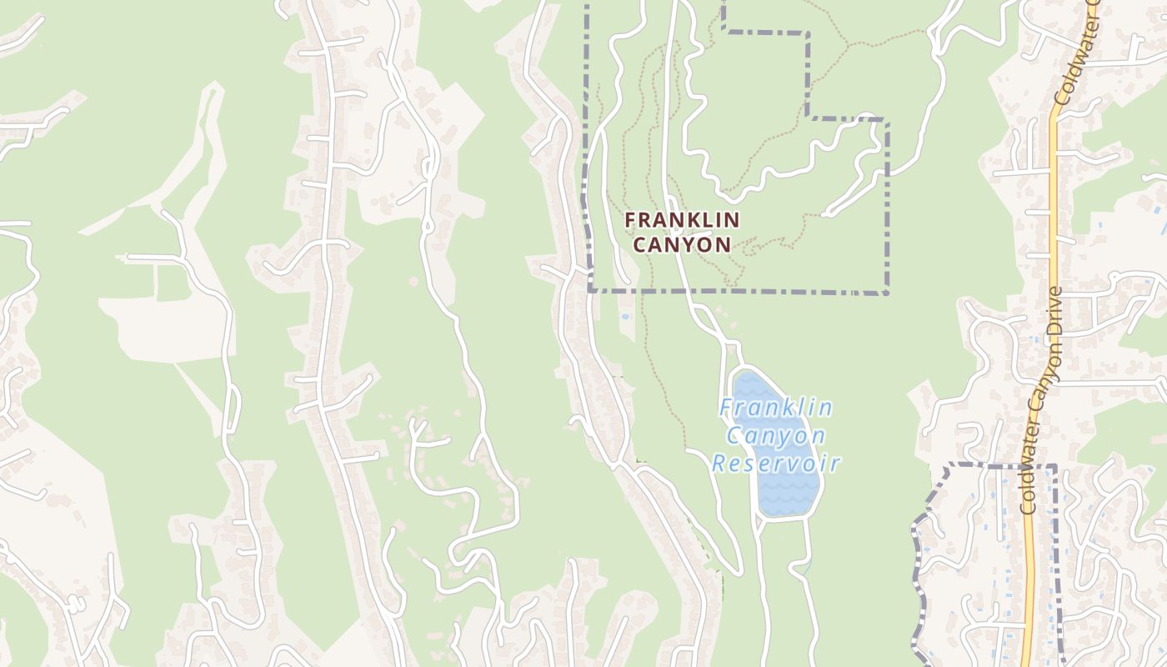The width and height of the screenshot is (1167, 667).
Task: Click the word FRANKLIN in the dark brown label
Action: click(682, 220)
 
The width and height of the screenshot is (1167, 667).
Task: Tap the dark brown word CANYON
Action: click(682, 245)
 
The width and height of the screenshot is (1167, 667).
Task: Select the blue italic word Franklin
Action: click(775, 408)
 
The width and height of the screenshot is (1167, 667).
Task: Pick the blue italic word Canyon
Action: click(775, 435)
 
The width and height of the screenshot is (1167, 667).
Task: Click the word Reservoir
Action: click(775, 464)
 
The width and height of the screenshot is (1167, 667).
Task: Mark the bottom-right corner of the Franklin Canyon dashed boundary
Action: click(887, 293)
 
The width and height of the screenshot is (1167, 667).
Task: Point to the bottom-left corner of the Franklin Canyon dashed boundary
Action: click(589, 291)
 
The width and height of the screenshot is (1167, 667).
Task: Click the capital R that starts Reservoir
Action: click(718, 464)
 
